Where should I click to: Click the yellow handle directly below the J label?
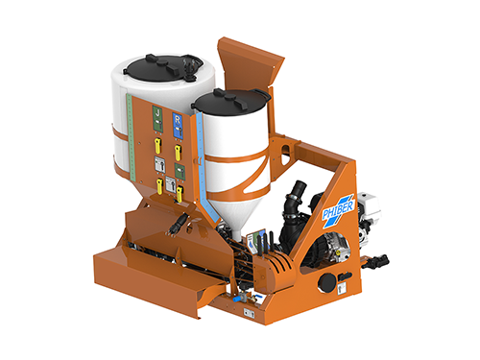156,144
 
